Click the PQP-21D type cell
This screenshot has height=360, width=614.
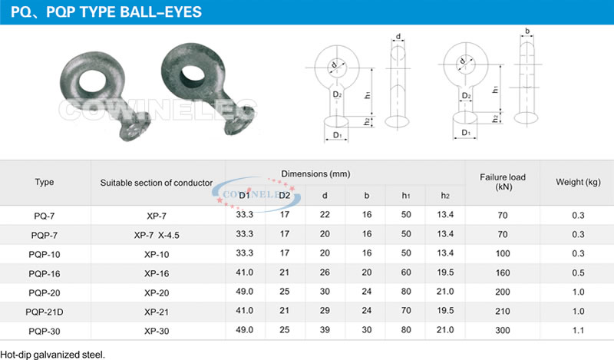click(45, 312)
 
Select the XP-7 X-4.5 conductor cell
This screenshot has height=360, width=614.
click(157, 235)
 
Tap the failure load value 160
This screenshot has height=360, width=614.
click(503, 272)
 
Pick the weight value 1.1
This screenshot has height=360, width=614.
click(578, 330)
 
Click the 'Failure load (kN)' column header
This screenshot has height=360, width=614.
click(503, 182)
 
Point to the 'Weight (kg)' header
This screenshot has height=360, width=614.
click(578, 182)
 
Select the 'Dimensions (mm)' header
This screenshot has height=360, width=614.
click(315, 174)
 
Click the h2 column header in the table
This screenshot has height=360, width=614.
click(445, 196)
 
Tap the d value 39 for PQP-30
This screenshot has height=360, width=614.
click(325, 330)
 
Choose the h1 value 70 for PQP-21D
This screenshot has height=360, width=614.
click(406, 311)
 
